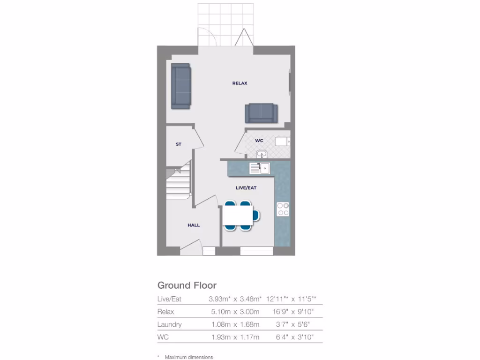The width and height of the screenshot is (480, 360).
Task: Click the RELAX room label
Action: tap(240, 83)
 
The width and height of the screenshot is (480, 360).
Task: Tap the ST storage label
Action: tap(179, 144)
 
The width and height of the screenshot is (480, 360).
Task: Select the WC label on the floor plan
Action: tap(259, 141)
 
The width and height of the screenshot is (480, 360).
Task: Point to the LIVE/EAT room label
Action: tap(246, 187)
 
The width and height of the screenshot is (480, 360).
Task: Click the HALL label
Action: tap(194, 225)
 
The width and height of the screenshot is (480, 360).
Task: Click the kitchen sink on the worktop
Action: tap(260, 168)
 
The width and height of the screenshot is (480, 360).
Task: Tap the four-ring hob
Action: tap(283, 209)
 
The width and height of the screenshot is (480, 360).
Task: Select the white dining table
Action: tap(238, 215)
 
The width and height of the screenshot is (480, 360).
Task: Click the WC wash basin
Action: tap(261, 154)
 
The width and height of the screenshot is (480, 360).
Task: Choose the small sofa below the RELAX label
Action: tap(261, 113)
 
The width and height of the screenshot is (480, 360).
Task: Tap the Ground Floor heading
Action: tap(187, 285)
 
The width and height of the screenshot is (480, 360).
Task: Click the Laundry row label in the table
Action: tap(170, 324)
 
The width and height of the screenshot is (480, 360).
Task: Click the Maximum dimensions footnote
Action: tap(188, 357)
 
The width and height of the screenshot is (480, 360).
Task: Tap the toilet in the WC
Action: tap(283, 140)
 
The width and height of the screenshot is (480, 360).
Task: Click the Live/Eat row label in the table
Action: tap(169, 299)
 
